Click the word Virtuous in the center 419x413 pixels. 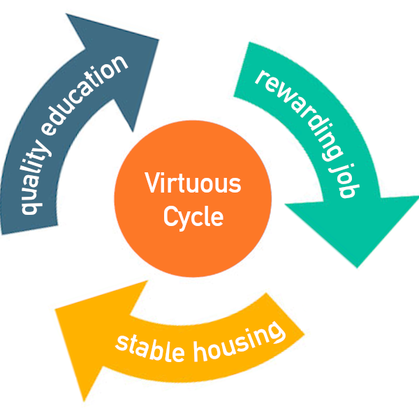[193, 185]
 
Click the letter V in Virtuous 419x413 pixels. [151, 185]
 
